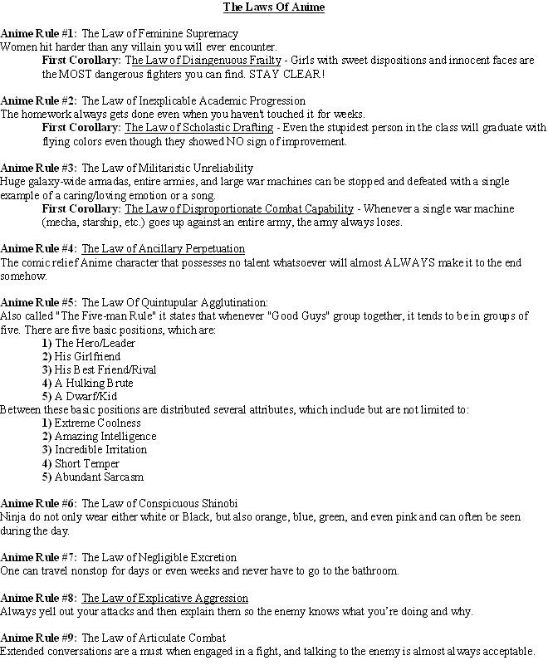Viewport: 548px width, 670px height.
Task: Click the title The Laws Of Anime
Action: click(273, 7)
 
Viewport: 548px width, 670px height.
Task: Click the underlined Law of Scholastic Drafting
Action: click(198, 128)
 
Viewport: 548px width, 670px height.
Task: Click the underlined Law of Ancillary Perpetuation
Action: click(164, 248)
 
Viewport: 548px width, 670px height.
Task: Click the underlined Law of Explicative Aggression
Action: click(164, 598)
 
